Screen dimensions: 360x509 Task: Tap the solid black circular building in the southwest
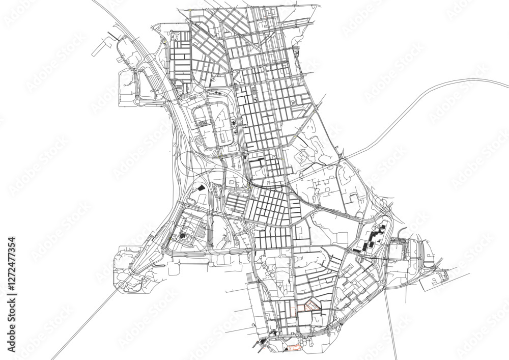click(182, 236)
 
